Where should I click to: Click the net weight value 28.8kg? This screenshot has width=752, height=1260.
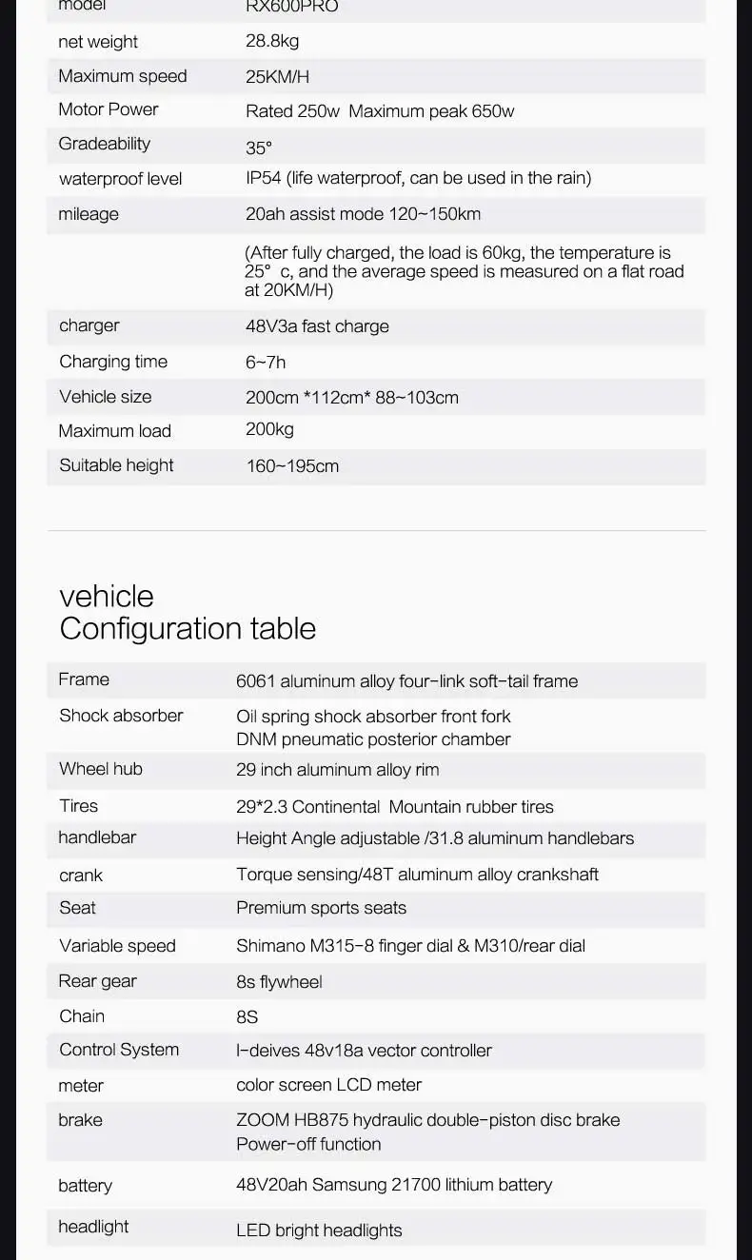coord(272,41)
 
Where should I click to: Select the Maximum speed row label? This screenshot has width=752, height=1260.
coord(123,76)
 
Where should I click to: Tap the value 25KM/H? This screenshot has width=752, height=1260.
coord(277,77)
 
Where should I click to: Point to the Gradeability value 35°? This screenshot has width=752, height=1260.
coord(259,148)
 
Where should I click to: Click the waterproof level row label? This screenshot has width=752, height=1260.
coord(120,179)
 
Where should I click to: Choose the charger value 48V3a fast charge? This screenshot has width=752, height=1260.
coord(317,326)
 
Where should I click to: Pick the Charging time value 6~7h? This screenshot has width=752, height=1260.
coord(266,363)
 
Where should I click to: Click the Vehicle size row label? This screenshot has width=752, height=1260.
coord(105,397)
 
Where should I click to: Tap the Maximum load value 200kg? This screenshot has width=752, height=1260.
coord(269,429)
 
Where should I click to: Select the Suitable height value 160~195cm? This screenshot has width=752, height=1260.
coord(292,466)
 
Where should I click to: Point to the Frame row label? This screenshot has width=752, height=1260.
coord(84,679)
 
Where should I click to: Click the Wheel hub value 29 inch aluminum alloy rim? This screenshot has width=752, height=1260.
coord(337,770)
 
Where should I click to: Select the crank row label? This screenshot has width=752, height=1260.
coord(81,876)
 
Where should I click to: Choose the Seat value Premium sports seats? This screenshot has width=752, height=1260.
coord(321,908)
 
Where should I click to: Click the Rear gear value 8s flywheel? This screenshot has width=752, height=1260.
coord(279,981)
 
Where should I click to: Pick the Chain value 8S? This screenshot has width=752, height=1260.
coord(247,1017)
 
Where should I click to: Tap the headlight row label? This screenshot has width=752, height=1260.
coord(93,1227)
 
